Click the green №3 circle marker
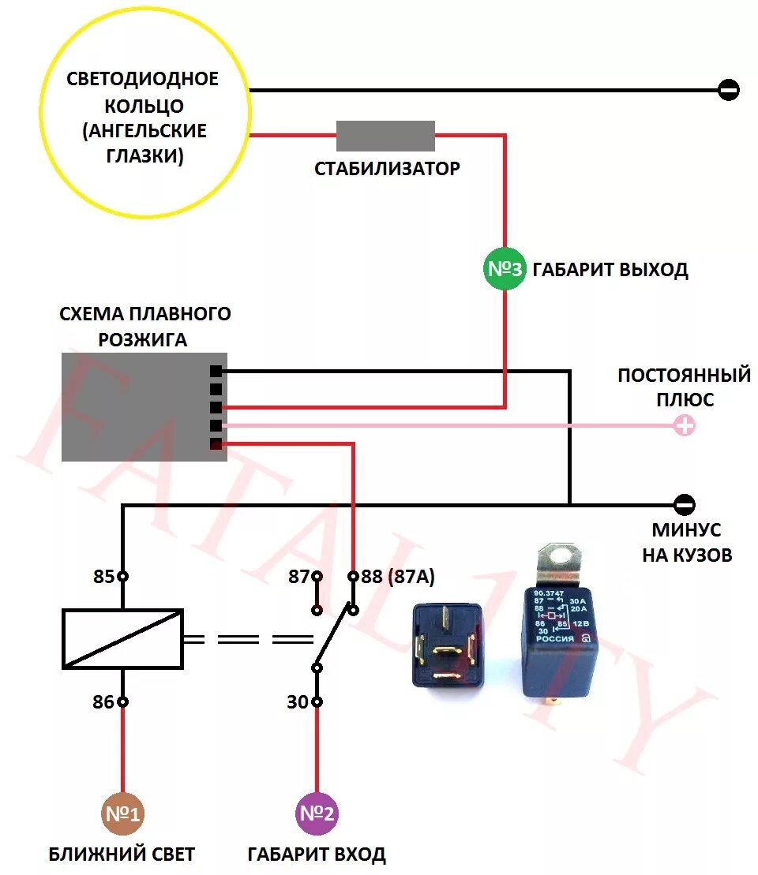point(504,269)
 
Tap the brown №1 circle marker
point(123,813)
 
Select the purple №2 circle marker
point(317,813)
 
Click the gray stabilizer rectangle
point(385,136)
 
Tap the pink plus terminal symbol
point(685,426)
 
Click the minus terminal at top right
point(729,90)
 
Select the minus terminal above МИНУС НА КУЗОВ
point(685,504)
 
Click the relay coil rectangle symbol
point(122,639)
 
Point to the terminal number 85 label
point(103,577)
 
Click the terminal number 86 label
point(103,701)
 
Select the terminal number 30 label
point(297,701)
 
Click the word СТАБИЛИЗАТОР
point(387,169)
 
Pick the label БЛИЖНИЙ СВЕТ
point(122,854)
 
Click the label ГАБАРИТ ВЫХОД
point(610,270)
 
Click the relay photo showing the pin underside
point(447,645)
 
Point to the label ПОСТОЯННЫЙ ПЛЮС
point(684,387)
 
